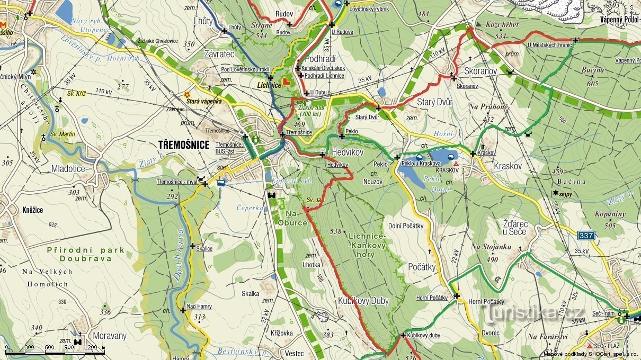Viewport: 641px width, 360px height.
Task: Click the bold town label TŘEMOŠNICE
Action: [x=183, y=145]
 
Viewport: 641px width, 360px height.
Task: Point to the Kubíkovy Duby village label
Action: [x=363, y=301]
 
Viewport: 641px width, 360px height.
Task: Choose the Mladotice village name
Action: [x=68, y=169]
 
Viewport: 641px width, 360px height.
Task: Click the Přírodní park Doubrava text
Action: [x=85, y=254]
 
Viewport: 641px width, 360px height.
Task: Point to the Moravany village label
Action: [x=110, y=336]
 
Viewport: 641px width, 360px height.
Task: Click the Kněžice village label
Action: [x=32, y=210]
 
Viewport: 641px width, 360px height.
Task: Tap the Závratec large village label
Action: [x=219, y=54]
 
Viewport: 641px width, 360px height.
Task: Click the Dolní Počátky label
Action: [x=406, y=226]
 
